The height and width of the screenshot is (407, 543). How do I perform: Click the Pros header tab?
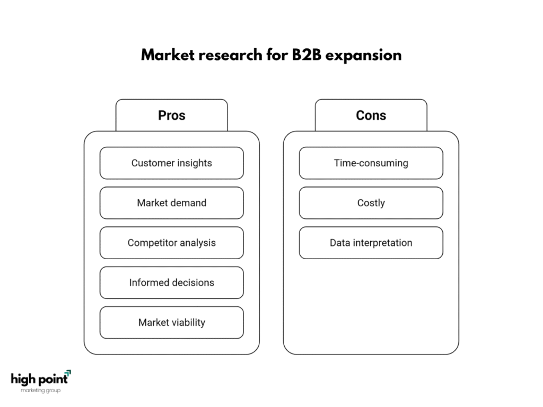pos(171,115)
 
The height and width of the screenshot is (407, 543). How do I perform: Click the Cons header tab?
pos(371,115)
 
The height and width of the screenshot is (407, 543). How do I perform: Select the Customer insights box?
pos(171,163)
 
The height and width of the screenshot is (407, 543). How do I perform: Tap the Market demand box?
pos(171,203)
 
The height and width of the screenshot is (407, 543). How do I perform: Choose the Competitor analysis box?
pos(171,243)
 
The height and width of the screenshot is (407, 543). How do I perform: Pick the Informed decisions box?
pos(171,282)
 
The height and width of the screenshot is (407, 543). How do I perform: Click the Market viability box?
pos(171,322)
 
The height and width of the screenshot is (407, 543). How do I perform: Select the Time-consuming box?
pos(371,163)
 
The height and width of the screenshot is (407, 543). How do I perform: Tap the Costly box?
pos(371,203)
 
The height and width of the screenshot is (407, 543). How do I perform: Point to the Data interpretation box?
pos(371,243)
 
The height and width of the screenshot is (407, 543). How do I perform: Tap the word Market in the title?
pos(168,55)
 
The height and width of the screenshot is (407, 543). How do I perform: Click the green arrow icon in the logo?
pos(68,373)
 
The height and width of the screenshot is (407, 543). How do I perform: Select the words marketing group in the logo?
pos(40,391)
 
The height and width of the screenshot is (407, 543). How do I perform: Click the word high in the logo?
pos(23,379)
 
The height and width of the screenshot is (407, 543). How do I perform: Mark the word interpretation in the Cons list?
pos(382,243)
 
